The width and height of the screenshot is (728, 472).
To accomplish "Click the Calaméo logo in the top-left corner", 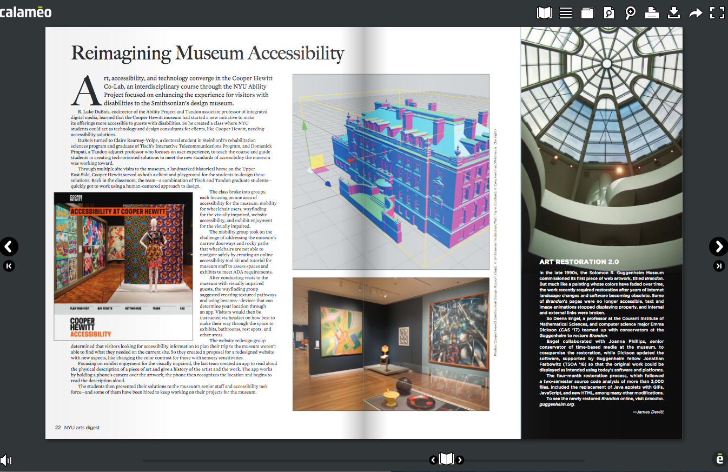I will click(26, 11).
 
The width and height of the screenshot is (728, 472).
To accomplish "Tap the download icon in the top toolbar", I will click(673, 12).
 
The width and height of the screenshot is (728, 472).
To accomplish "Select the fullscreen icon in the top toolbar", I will click(717, 12).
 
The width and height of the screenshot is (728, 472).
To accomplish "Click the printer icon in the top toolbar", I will click(652, 12).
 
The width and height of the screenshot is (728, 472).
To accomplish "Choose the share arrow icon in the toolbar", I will click(696, 12).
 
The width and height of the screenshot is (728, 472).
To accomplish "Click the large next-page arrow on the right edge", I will click(718, 247).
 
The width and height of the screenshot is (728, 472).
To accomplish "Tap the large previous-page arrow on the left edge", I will click(9, 247).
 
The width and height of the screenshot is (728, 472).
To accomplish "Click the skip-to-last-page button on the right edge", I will click(719, 265).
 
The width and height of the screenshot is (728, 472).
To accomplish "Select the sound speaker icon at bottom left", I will click(6, 460).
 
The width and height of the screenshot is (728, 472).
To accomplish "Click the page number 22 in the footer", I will click(57, 427).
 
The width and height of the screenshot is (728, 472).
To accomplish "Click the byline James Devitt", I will click(648, 411).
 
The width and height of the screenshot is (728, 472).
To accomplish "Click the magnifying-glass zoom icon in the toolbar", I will click(630, 12).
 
